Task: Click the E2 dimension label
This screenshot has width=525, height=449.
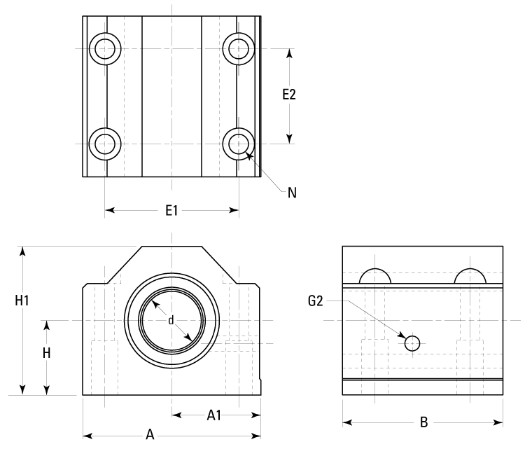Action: (x=289, y=95)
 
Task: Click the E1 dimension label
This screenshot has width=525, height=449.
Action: (x=171, y=209)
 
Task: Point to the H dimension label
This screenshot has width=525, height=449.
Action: (x=46, y=353)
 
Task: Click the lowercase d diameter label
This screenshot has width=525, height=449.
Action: (x=171, y=321)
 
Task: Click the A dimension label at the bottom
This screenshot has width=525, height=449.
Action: (x=150, y=435)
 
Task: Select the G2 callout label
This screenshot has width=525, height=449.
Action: (x=316, y=301)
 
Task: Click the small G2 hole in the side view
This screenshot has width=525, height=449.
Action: (x=412, y=343)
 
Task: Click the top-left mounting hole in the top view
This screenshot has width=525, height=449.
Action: (x=106, y=48)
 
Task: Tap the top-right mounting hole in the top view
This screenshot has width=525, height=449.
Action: (x=238, y=48)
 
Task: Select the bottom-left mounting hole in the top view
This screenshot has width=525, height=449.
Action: (x=106, y=144)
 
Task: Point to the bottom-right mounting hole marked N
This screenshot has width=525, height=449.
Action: (x=238, y=144)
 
